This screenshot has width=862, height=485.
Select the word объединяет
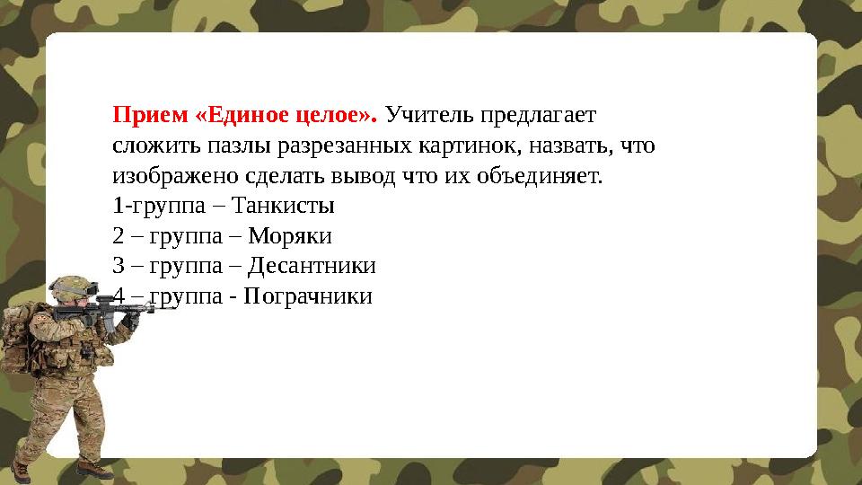point(543,175)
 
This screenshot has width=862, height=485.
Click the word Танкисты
point(283,206)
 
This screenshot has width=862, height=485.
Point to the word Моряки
point(290,236)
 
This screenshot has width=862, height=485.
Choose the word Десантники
point(312,266)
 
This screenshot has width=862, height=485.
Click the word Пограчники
point(307,295)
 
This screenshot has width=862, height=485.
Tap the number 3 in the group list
point(119,266)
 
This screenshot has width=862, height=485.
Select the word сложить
point(148,145)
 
